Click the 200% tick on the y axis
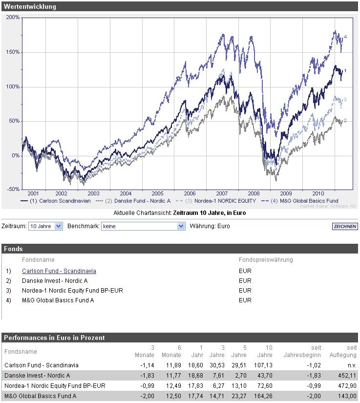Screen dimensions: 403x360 (x=13, y=17)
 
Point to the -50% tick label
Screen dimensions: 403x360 (x=13, y=189)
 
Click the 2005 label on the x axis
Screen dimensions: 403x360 (x=158, y=193)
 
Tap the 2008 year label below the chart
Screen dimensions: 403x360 (x=254, y=193)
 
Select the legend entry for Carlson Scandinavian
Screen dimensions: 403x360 (x=60, y=201)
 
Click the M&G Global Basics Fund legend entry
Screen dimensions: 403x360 (x=306, y=201)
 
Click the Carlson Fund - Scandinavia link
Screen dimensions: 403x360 (x=59, y=271)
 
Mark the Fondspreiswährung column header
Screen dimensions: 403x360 (x=266, y=260)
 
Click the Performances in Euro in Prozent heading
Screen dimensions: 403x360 (x=54, y=338)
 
